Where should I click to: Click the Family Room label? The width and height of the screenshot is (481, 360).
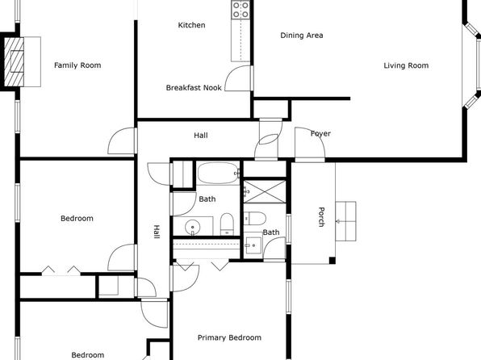(77, 65)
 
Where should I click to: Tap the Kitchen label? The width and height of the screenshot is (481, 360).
(191, 25)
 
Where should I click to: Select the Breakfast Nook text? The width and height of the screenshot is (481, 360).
(194, 88)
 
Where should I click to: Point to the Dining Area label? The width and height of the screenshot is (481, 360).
(302, 36)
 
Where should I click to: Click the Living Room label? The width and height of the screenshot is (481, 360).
(406, 65)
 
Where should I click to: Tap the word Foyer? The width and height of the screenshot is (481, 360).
(320, 133)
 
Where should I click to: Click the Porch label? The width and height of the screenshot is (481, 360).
(321, 217)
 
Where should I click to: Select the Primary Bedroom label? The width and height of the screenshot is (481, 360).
(229, 337)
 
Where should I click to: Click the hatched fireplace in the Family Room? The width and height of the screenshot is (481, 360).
(14, 61)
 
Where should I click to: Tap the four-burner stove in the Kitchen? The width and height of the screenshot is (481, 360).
(240, 10)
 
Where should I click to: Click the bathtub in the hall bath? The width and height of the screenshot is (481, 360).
(218, 173)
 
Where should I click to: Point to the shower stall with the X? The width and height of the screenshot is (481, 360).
(265, 192)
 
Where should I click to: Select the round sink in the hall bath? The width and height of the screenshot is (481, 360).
(193, 227)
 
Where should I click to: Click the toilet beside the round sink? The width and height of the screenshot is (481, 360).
(227, 224)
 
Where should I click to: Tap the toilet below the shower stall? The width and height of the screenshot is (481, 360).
(254, 218)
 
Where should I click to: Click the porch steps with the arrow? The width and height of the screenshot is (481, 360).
(345, 221)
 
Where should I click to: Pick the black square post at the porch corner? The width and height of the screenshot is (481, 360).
(333, 261)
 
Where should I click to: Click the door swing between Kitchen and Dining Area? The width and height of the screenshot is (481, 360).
(238, 78)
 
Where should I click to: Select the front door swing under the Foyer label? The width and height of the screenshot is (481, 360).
(310, 143)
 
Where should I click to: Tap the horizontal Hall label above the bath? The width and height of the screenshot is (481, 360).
(201, 136)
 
